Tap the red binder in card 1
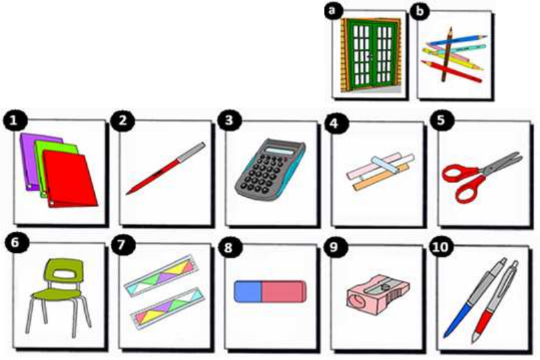pos(69,179)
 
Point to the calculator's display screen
pos(280,151)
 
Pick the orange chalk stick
pos(381,178)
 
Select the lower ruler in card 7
pos(168,307)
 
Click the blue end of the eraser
pos(248,291)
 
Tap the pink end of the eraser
pos(284,291)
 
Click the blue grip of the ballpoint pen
pos(457,320)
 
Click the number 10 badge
pos(441,246)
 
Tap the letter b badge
pos(419,12)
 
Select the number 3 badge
pos(229,121)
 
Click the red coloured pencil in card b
pos(451,71)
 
